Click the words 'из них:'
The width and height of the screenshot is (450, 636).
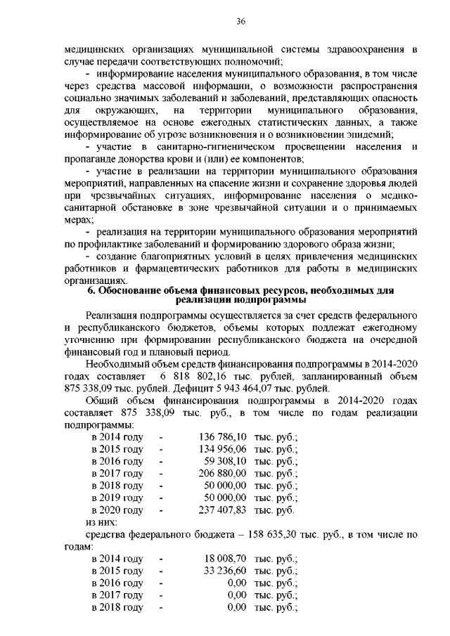pos(101,523)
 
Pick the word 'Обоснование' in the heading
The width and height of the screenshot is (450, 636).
pos(131,290)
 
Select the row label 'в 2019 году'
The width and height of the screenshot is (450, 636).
pos(117,498)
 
